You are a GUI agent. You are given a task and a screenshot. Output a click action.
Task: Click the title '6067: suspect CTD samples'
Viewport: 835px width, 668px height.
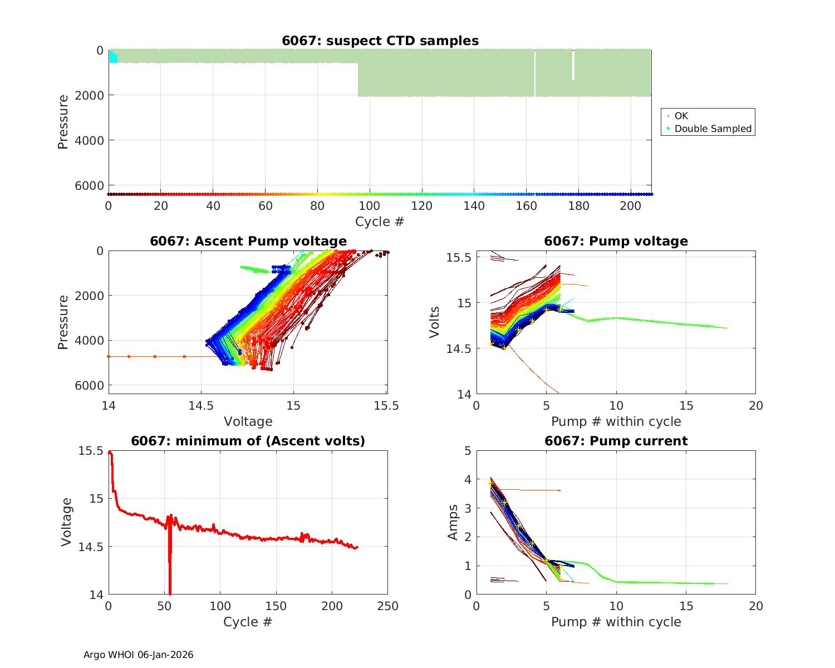click(380, 41)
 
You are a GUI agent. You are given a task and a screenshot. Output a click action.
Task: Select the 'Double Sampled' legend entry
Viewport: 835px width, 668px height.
click(713, 129)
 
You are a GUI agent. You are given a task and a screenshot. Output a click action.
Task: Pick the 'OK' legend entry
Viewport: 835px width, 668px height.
click(681, 116)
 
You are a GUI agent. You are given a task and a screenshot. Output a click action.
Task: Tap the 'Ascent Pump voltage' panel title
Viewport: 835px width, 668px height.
click(248, 241)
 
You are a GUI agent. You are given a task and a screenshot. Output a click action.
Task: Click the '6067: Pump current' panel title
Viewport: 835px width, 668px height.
click(616, 441)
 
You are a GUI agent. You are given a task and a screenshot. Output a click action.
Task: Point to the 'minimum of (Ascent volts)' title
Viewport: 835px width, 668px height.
click(248, 441)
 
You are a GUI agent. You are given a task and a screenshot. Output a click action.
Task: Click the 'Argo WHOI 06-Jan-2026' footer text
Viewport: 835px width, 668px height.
click(138, 655)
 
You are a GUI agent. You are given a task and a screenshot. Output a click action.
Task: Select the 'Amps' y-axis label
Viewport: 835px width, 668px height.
click(454, 522)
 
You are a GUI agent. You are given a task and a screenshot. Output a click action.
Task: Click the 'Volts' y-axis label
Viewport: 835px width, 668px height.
click(435, 322)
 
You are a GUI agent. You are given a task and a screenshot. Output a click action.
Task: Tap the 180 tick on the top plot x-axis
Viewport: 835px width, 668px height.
click(578, 206)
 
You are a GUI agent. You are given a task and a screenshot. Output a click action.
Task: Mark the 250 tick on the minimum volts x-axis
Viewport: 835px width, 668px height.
click(388, 606)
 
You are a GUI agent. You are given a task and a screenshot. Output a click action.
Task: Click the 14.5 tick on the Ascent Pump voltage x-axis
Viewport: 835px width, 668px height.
click(202, 406)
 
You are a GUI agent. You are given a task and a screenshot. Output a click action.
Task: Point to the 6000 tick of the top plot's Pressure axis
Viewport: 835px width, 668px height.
click(92, 185)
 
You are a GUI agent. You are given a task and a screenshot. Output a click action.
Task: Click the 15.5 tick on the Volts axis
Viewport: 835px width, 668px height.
click(460, 257)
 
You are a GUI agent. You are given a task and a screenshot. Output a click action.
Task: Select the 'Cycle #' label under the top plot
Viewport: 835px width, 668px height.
click(380, 222)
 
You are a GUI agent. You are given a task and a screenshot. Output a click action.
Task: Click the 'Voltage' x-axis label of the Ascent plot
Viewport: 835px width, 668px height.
click(248, 421)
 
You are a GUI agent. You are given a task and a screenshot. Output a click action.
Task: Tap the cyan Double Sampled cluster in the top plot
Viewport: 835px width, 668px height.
click(113, 57)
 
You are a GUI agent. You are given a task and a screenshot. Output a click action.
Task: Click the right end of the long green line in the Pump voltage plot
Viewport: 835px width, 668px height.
click(727, 328)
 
